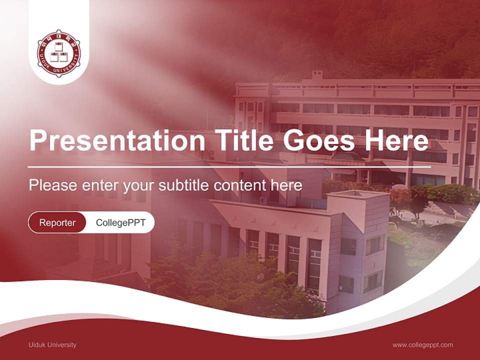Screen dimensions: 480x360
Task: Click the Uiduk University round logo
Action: pyautogui.click(x=59, y=53)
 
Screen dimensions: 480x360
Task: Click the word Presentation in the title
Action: pyautogui.click(x=117, y=140)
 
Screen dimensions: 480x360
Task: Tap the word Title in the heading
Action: pyautogui.click(x=244, y=140)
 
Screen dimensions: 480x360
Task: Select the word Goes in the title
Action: pyautogui.click(x=319, y=140)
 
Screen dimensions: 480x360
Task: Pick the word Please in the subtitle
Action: pyautogui.click(x=53, y=185)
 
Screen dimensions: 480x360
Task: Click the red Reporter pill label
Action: pyautogui.click(x=57, y=222)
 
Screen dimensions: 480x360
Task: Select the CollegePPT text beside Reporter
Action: pyautogui.click(x=120, y=222)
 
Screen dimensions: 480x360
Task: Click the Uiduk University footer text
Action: pyautogui.click(x=52, y=344)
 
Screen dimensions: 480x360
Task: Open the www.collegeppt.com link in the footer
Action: pyautogui.click(x=423, y=345)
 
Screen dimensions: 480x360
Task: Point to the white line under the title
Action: pyautogui.click(x=229, y=167)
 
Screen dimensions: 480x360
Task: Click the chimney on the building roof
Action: pyautogui.click(x=317, y=75)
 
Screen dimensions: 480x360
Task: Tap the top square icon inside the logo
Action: pyautogui.click(x=59, y=46)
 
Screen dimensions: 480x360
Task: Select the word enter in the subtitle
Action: pyautogui.click(x=100, y=185)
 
